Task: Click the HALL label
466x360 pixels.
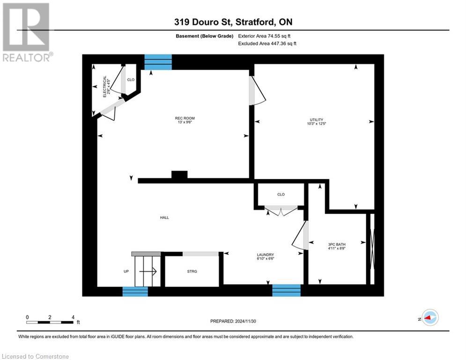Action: (x=164, y=217)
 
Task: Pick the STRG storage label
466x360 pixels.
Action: (x=192, y=271)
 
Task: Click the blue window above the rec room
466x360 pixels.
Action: (x=158, y=62)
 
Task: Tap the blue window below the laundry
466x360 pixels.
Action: (x=286, y=291)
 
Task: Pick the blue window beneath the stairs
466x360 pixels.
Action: (x=135, y=292)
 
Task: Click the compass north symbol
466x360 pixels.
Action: (x=429, y=317)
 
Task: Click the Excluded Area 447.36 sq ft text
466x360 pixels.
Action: (x=268, y=43)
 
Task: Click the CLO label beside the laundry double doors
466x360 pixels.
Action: (x=281, y=194)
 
